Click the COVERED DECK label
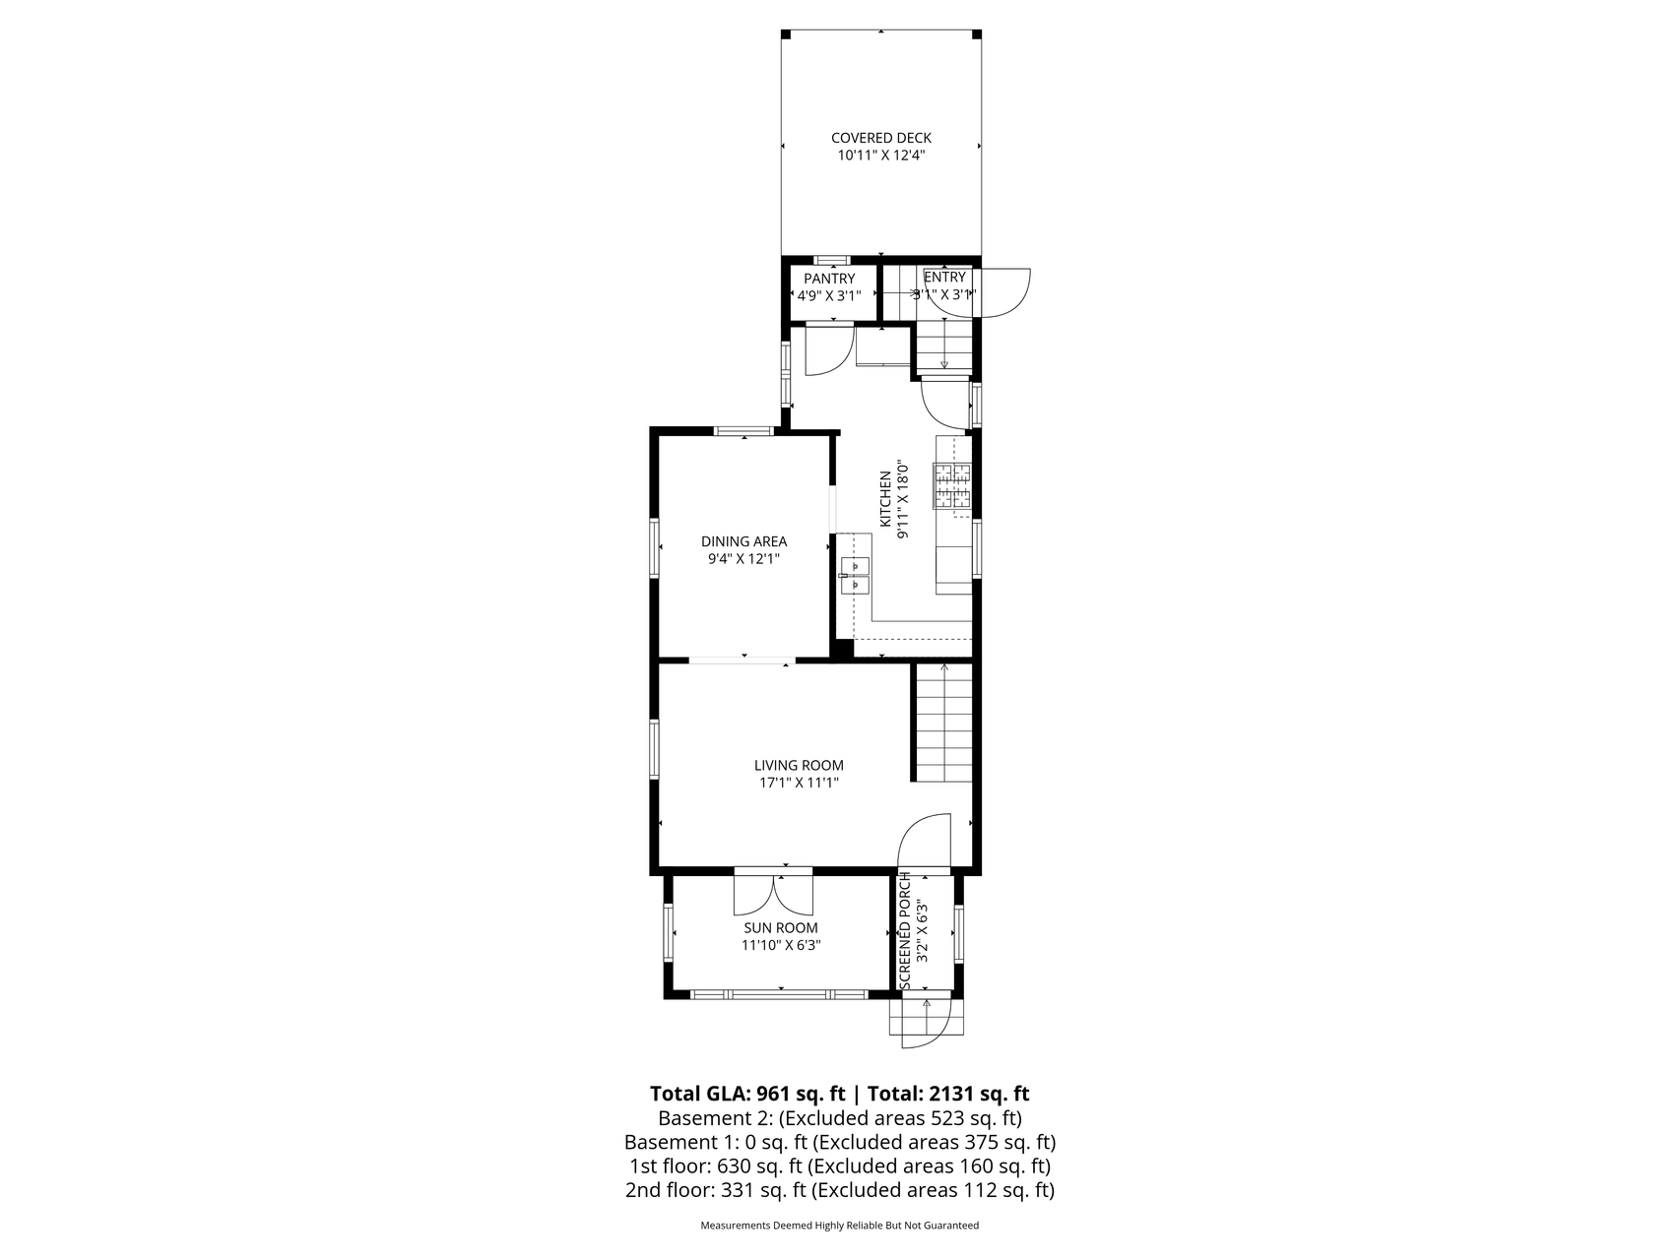coord(880,138)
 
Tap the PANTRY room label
coord(829,279)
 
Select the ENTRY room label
coord(944,277)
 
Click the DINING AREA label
coord(743,541)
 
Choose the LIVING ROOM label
coord(799,765)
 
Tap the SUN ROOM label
coord(781,927)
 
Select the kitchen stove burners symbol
coord(952,486)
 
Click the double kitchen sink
coord(855,575)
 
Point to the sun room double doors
coord(774,891)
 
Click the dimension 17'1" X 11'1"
coord(799,784)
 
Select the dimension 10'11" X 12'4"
coord(880,156)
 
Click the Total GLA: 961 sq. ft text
coord(748,1094)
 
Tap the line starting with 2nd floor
coord(839,1190)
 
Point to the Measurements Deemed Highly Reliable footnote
coord(839,1226)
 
